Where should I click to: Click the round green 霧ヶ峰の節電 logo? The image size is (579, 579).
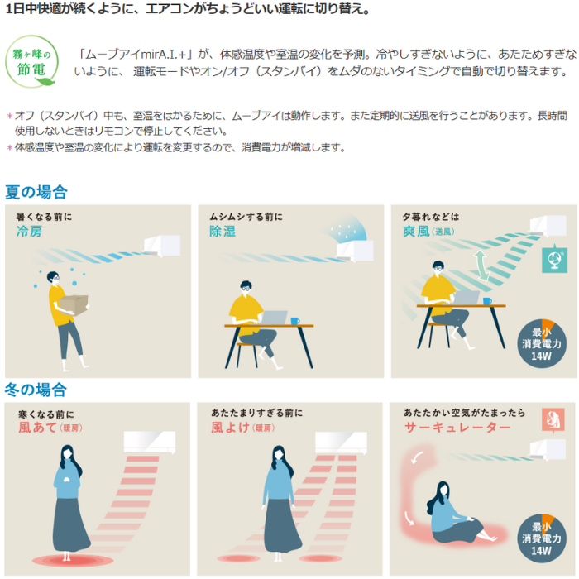(x=31, y=61)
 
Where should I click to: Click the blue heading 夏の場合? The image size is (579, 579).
(x=36, y=192)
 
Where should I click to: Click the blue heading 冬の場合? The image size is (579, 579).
(x=36, y=390)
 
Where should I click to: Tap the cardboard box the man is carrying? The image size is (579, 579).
(x=74, y=304)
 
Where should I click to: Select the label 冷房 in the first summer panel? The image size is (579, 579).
(x=29, y=231)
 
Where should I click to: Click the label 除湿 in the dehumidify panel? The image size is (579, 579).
(x=223, y=231)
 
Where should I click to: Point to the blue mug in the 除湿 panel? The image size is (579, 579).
(x=295, y=321)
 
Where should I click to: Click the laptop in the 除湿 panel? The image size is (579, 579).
(x=274, y=318)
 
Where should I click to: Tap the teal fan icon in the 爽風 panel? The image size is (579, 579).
(x=554, y=259)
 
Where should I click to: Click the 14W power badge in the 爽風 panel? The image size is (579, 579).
(x=541, y=343)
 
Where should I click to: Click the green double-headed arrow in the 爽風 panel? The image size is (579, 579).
(x=481, y=266)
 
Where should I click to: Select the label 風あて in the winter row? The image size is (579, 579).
(x=38, y=428)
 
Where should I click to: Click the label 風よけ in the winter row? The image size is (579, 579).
(x=231, y=428)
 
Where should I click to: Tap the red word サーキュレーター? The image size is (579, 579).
(x=457, y=428)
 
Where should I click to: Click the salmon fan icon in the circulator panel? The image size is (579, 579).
(x=553, y=420)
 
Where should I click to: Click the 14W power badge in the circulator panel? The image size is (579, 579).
(x=541, y=538)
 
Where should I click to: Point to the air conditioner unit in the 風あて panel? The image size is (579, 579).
(x=150, y=443)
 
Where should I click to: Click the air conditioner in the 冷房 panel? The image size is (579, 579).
(x=162, y=246)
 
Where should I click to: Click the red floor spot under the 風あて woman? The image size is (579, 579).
(x=73, y=561)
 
